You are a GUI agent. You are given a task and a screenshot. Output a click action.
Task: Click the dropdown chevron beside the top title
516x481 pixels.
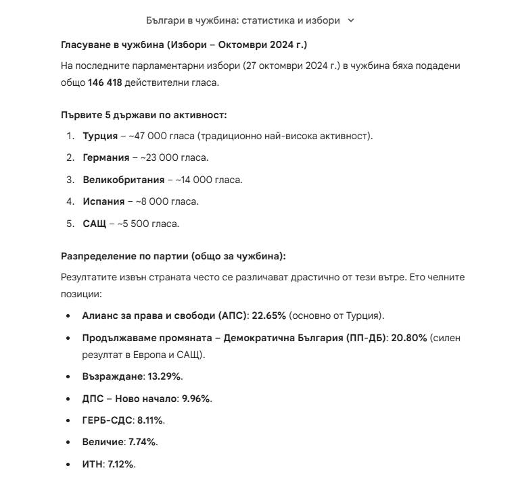350,20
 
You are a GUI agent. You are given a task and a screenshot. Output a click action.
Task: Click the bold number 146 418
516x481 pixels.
105,83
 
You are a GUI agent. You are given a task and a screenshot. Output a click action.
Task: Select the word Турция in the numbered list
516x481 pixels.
100,136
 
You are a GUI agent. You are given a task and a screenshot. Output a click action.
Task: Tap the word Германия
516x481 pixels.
105,157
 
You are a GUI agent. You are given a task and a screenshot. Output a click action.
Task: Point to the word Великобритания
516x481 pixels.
123,180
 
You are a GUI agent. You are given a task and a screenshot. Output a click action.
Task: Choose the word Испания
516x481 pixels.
103,201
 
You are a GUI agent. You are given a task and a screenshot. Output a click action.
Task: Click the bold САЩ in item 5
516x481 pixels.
94,224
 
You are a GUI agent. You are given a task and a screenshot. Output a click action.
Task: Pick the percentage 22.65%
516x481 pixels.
269,315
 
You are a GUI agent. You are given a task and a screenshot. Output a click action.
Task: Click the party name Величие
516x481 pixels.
103,442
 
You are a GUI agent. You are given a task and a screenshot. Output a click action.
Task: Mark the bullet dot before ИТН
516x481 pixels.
68,465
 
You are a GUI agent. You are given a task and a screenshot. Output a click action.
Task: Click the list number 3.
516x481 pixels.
70,180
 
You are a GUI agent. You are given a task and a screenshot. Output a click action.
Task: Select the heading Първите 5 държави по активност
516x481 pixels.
143,115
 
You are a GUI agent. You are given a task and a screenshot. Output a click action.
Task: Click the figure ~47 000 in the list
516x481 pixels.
147,136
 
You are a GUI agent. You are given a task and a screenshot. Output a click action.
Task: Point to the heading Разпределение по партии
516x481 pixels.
173,256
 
